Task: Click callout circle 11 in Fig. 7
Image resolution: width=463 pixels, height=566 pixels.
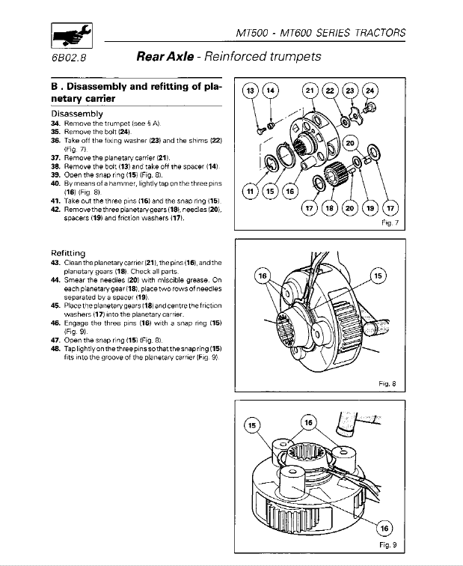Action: tap(253, 194)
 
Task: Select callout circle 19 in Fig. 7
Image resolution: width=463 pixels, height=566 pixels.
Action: tap(370, 208)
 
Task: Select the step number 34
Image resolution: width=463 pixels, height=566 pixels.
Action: tap(55, 123)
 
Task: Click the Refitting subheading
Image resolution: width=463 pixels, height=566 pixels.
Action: tap(72, 253)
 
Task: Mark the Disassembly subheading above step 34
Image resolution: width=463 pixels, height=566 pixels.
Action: tap(76, 113)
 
